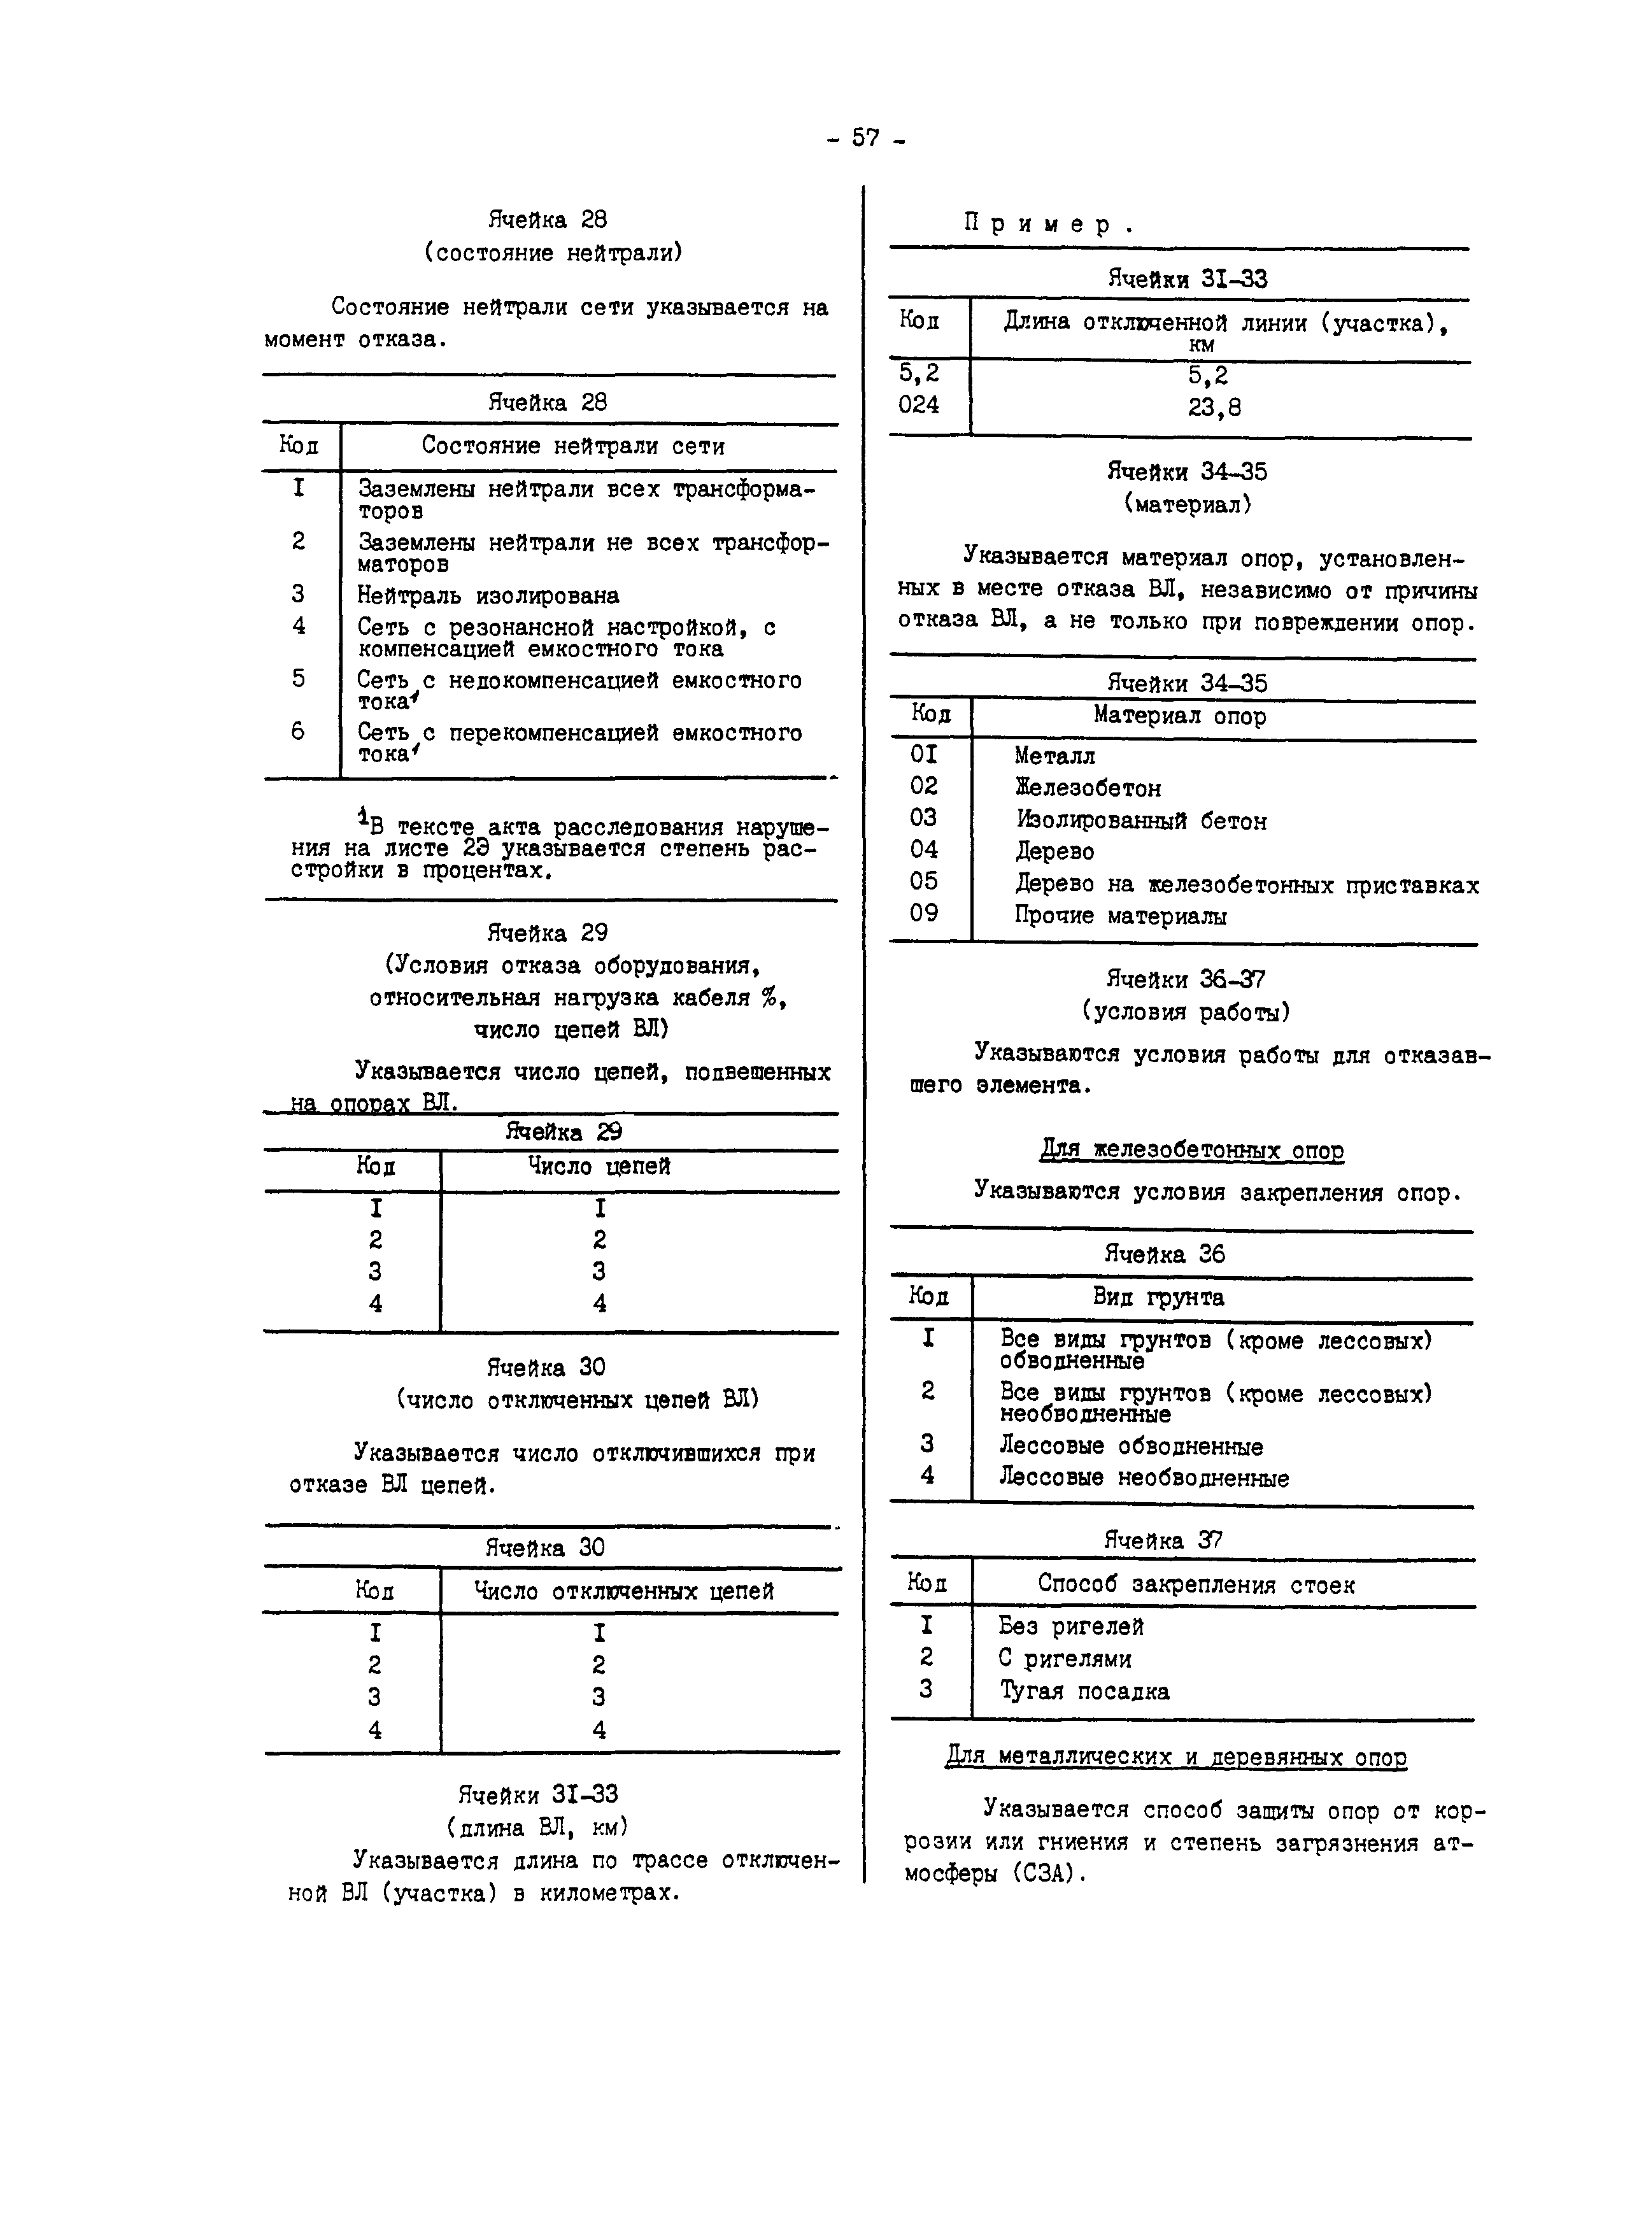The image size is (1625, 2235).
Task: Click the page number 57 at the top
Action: click(865, 139)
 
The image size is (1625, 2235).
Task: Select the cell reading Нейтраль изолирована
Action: click(488, 596)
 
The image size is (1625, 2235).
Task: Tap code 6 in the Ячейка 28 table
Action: click(297, 731)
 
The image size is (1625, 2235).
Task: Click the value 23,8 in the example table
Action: click(1214, 407)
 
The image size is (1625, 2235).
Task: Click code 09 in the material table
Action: click(923, 914)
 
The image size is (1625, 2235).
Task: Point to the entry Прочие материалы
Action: click(1121, 916)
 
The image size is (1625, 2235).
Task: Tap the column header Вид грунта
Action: click(1158, 1298)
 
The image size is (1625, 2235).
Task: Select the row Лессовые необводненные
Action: click(1143, 1478)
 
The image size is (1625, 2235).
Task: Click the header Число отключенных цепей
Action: click(624, 1591)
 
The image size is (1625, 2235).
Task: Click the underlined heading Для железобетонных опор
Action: click(1191, 1150)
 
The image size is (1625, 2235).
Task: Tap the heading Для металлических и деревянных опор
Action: click(1175, 1757)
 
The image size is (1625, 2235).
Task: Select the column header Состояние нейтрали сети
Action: click(572, 446)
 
